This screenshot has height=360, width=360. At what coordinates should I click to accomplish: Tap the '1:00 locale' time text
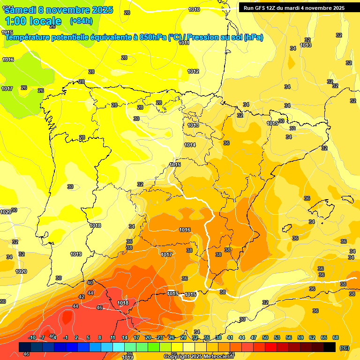[33, 21]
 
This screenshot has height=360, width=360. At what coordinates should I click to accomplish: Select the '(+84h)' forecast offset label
[81, 21]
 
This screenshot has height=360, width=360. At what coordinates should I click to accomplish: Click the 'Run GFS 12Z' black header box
[294, 7]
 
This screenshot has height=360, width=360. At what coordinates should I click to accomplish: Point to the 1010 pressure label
[194, 9]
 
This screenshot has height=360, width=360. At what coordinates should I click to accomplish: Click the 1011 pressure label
[184, 43]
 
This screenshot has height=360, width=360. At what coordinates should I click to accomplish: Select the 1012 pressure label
[193, 71]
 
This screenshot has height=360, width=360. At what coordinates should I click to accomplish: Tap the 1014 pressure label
[190, 145]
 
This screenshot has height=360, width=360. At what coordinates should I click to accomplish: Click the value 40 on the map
[90, 283]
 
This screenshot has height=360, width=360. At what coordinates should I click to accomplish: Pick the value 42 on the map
[82, 297]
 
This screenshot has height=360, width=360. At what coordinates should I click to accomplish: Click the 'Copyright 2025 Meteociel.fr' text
[199, 357]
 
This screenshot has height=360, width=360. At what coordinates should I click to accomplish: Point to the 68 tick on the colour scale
[336, 337]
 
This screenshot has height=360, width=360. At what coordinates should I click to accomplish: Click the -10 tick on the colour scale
[32, 337]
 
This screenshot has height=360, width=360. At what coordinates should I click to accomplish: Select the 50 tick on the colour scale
[265, 337]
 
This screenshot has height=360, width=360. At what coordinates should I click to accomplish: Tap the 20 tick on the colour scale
[148, 337]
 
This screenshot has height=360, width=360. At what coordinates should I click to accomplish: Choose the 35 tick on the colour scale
[207, 337]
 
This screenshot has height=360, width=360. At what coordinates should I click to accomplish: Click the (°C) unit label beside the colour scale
[345, 348]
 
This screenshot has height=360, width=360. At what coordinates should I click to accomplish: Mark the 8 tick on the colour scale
[100, 337]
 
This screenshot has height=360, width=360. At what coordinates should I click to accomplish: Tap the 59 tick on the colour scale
[300, 337]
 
